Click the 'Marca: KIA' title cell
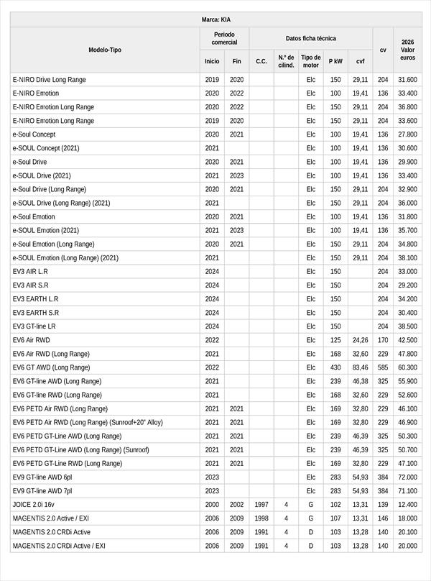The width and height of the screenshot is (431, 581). point(215,19)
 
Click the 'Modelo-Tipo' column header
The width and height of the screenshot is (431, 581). point(105,50)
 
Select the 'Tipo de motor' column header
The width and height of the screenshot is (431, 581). point(310,61)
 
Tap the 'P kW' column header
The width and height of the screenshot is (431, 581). point(335,61)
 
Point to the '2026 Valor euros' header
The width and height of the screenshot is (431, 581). point(408,50)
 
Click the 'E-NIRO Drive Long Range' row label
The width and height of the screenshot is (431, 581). point(48,79)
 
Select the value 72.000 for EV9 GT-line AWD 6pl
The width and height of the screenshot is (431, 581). point(407,477)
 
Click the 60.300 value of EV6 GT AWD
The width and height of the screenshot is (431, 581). point(407,367)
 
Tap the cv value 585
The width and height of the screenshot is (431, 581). point(383,367)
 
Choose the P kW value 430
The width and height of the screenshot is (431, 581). point(335,367)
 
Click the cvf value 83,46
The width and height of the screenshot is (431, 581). point(360,367)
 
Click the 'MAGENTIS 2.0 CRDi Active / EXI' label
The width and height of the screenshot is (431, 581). point(59,545)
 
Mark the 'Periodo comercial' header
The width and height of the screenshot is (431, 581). point(224,38)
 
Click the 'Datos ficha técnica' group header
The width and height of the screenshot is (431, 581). point(310,38)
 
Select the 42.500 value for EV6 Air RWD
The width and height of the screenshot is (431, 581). point(407,339)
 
